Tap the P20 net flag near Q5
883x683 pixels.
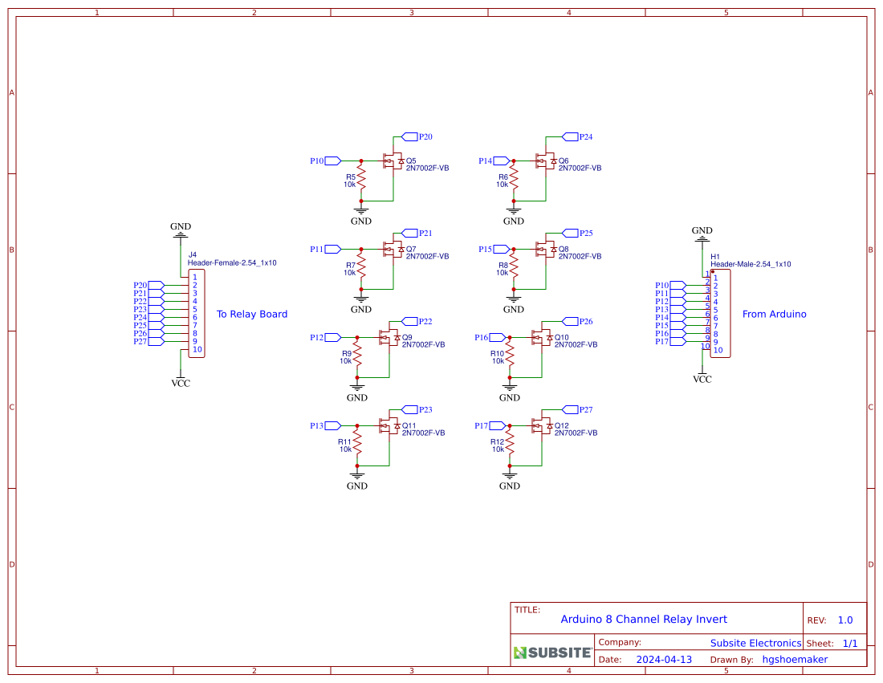pos(409,136)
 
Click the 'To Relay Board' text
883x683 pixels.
pos(252,314)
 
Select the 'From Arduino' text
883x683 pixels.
pos(774,314)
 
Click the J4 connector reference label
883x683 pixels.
pos(192,254)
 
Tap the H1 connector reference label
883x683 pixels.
pos(715,256)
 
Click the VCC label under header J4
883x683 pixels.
pos(181,384)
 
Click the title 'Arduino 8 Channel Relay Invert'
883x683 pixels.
pos(644,619)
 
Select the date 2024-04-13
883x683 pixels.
pos(664,659)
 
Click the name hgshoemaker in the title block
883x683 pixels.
pos(795,659)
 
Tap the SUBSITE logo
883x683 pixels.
pos(552,653)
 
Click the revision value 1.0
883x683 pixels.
pos(845,620)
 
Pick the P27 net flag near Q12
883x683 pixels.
pos(571,409)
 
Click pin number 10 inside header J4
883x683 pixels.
pos(197,349)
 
